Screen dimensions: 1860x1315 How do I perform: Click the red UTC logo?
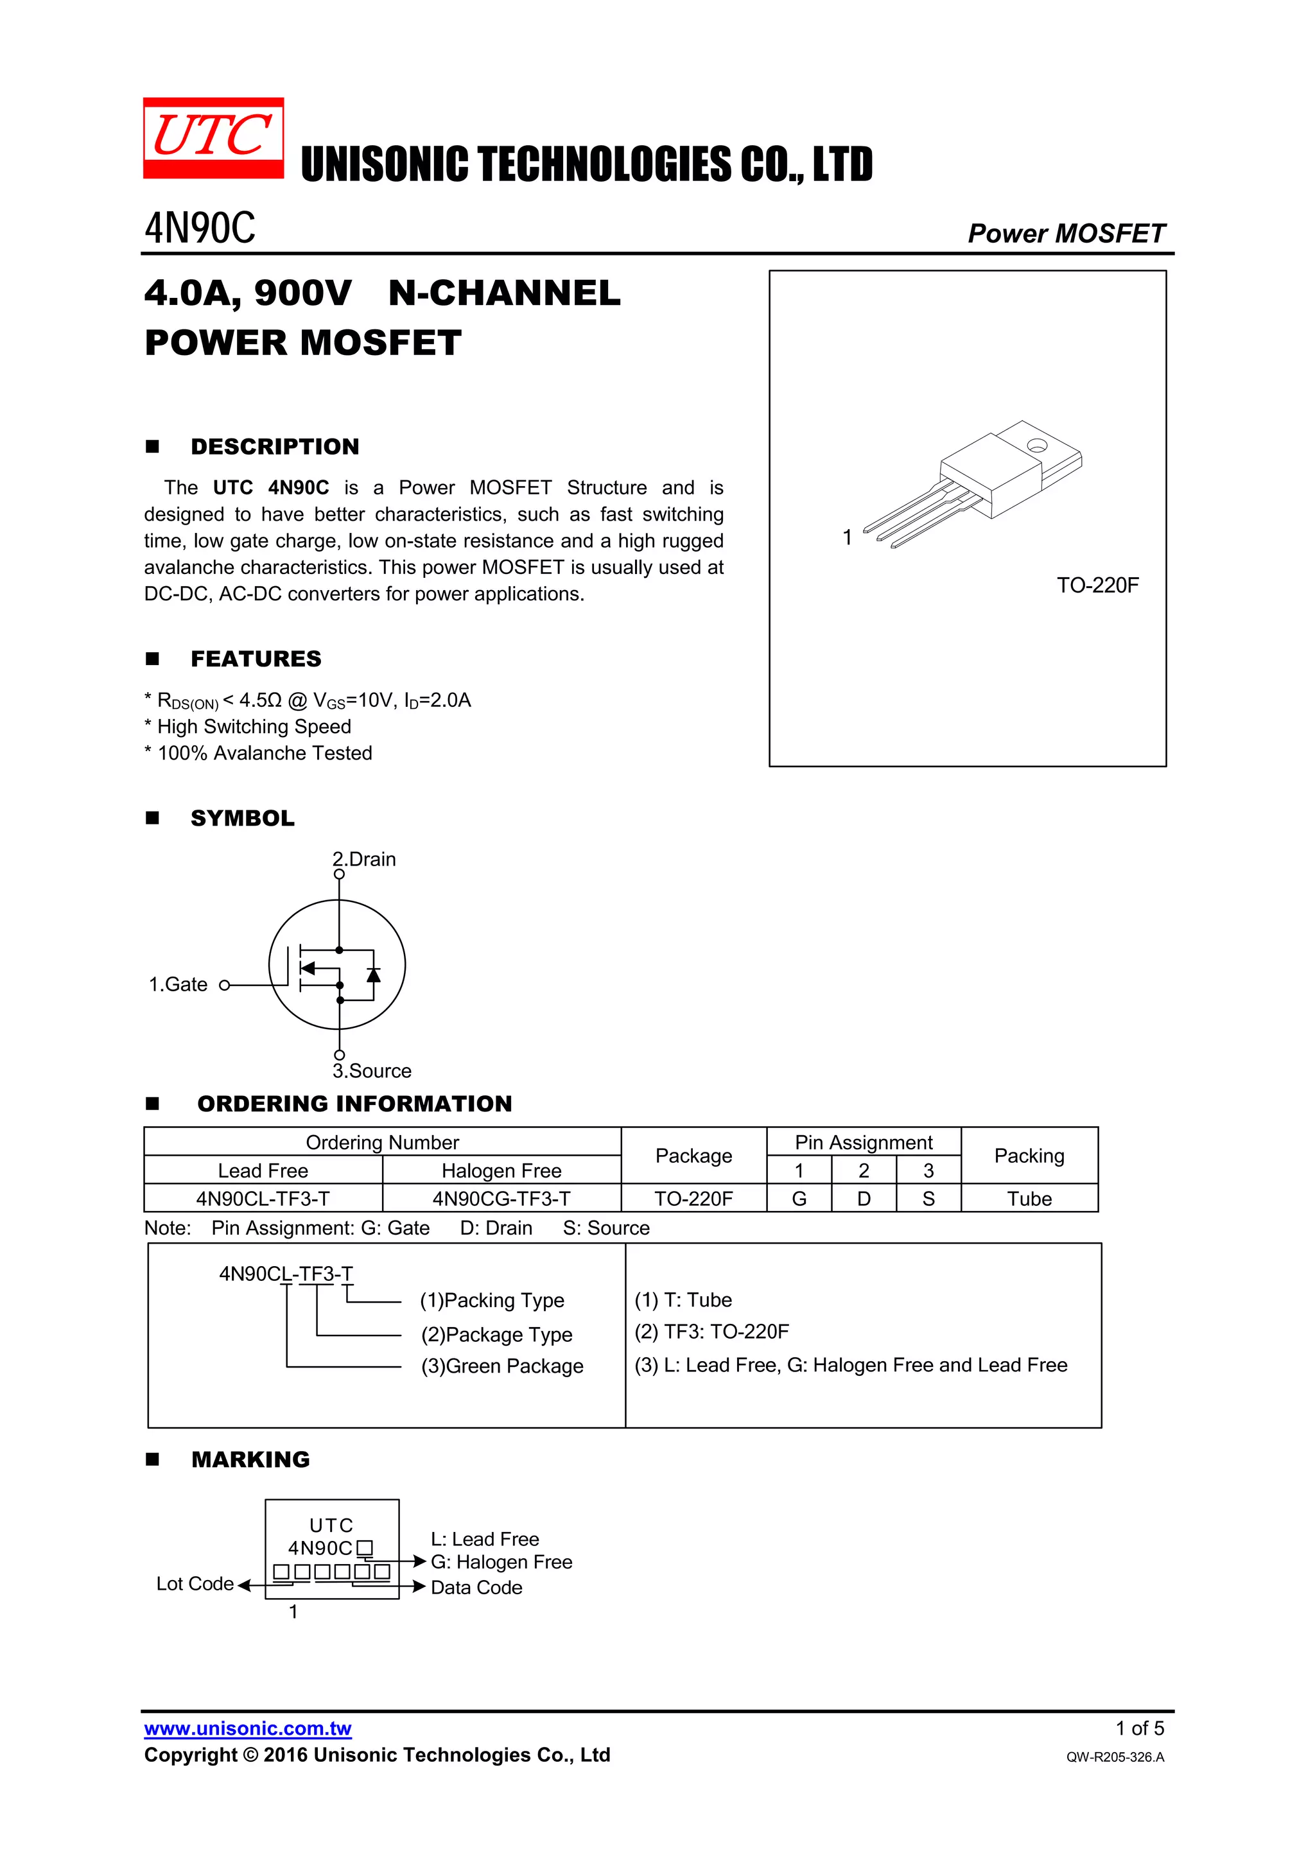click(x=213, y=137)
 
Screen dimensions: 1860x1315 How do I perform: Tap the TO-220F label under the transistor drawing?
click(x=1097, y=585)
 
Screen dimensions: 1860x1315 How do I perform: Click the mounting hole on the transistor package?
click(x=1036, y=445)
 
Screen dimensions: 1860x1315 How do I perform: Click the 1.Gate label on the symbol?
click(x=179, y=984)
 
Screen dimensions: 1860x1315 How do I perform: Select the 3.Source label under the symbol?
click(x=372, y=1071)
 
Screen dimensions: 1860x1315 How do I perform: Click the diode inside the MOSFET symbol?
click(x=374, y=975)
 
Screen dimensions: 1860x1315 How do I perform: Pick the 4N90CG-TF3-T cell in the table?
click(x=501, y=1198)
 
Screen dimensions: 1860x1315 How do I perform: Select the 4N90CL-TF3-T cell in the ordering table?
click(x=263, y=1198)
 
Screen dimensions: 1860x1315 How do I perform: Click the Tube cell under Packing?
click(x=1029, y=1198)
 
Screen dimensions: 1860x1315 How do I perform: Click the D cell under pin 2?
click(x=864, y=1198)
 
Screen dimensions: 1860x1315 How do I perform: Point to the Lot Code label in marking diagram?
click(x=195, y=1584)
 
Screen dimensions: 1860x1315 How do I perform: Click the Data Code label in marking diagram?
click(x=476, y=1588)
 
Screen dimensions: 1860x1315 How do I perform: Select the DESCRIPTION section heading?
click(x=275, y=446)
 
